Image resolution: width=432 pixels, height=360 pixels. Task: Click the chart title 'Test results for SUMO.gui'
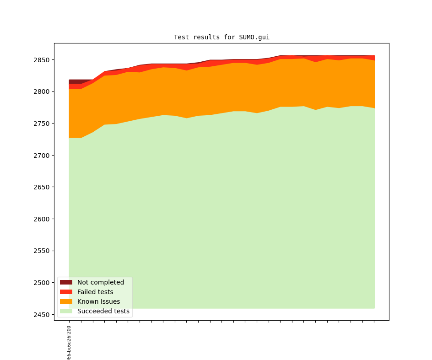coord(221,37)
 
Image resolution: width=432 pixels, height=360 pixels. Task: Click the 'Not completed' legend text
coord(101,282)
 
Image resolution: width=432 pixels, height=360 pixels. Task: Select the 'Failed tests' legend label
coord(95,292)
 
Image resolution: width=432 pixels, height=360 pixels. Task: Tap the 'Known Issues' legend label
coord(98,301)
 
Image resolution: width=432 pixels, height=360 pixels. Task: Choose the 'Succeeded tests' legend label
coord(103,311)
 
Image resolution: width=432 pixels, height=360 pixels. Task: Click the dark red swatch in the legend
coord(66,282)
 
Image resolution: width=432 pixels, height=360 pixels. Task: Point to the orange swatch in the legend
coord(66,301)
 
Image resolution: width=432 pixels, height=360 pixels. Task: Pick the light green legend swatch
coord(66,311)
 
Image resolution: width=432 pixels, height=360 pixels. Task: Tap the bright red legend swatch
coord(66,292)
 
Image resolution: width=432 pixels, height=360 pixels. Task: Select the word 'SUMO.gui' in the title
coord(254,37)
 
